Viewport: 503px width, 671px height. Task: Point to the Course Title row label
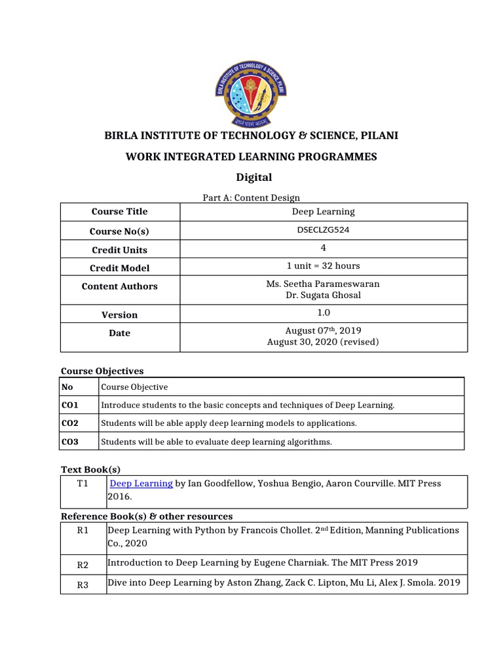click(119, 212)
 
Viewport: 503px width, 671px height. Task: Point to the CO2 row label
click(70, 423)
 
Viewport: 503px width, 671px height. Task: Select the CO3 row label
click(70, 442)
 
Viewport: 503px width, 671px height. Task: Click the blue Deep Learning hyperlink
click(141, 484)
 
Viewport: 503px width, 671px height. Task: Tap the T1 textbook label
click(83, 484)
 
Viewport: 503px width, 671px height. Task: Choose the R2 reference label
click(83, 564)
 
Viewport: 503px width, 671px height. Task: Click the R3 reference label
click(83, 585)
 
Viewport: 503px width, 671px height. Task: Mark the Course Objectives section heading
click(102, 371)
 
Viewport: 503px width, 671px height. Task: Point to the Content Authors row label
click(119, 286)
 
